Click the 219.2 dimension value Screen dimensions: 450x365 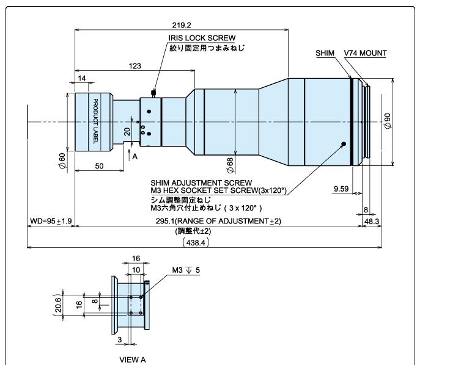tap(182, 25)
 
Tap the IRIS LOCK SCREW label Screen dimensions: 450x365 tap(202, 38)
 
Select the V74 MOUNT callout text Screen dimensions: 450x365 tap(366, 53)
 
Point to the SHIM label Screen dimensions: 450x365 tap(325, 53)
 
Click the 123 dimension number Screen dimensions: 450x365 tap(135, 66)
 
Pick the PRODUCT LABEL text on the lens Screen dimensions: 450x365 tap(95, 121)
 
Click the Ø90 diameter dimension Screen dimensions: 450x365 tap(388, 121)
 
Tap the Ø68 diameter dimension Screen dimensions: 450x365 tap(230, 165)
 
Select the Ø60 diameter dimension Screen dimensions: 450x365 tap(62, 161)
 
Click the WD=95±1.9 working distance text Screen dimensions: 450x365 tap(51, 221)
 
